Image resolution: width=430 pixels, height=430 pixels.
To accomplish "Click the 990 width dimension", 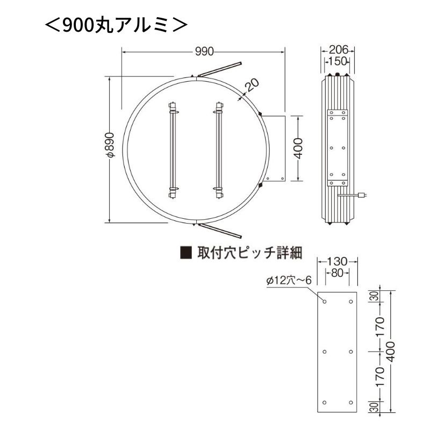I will [204, 52].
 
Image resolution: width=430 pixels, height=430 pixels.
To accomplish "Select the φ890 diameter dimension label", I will [110, 145].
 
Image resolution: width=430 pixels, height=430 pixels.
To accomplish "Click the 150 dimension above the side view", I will [338, 61].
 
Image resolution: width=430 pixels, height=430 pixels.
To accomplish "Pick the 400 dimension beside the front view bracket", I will [299, 148].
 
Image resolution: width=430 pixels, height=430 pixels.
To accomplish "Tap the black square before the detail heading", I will [185, 252].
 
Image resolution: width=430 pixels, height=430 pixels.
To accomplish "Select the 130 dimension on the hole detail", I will [337, 261].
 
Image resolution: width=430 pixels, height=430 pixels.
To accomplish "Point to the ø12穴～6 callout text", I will [289, 280].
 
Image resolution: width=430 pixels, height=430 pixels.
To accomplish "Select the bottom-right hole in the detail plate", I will [350, 403].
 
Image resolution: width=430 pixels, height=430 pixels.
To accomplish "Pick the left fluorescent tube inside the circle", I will [173, 150].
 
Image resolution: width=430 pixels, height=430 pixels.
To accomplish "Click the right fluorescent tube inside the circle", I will [219, 150].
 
